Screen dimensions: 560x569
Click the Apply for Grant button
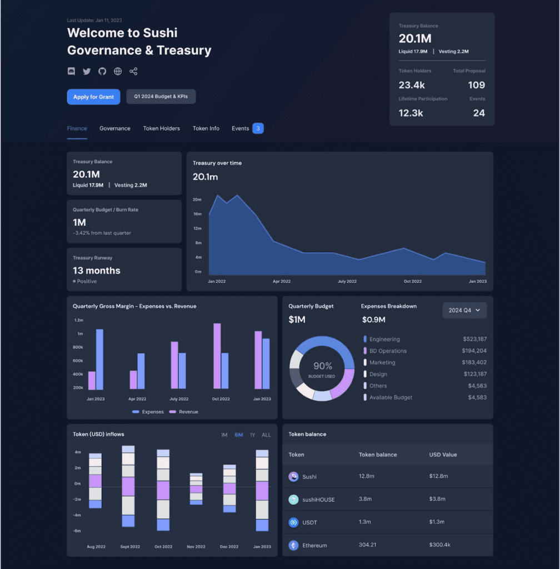click(93, 97)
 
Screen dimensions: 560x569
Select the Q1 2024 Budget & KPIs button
click(161, 97)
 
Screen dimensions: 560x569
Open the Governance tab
click(114, 128)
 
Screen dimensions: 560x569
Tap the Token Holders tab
click(162, 128)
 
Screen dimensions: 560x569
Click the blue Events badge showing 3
click(258, 128)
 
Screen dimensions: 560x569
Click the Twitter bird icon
click(87, 71)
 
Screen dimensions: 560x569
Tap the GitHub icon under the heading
click(102, 71)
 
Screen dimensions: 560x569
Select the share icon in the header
click(133, 71)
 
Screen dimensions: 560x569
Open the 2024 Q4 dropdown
click(464, 310)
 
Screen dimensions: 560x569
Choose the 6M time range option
click(239, 435)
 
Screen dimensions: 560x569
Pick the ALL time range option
click(266, 435)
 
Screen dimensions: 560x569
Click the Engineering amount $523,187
click(475, 339)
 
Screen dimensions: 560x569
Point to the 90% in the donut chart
click(322, 366)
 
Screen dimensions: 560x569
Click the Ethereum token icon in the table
click(293, 545)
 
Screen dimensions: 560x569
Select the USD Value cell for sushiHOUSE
click(437, 499)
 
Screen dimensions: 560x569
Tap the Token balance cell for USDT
click(364, 522)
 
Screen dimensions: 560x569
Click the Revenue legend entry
click(184, 412)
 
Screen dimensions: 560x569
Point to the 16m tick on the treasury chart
click(197, 214)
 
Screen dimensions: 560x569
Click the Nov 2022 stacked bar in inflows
click(196, 489)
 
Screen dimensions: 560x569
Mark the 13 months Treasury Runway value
click(97, 271)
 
